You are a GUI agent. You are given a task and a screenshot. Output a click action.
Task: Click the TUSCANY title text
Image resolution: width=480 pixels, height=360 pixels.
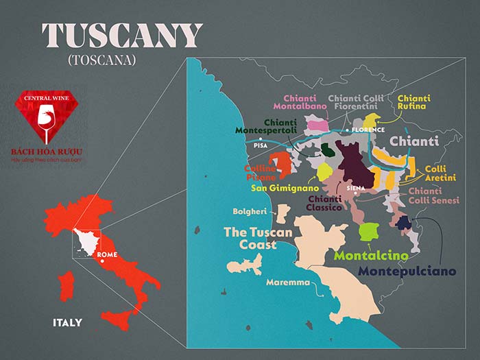tap(122, 36)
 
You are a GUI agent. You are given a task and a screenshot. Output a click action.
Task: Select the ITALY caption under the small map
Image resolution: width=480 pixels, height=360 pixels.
tap(67, 322)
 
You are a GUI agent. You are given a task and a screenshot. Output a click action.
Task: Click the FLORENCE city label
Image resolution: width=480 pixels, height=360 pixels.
tap(369, 130)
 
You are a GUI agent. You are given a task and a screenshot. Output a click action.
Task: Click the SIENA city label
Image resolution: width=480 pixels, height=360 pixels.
tap(356, 187)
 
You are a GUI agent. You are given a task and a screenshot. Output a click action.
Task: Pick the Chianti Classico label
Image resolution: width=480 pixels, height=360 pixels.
tap(324, 203)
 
